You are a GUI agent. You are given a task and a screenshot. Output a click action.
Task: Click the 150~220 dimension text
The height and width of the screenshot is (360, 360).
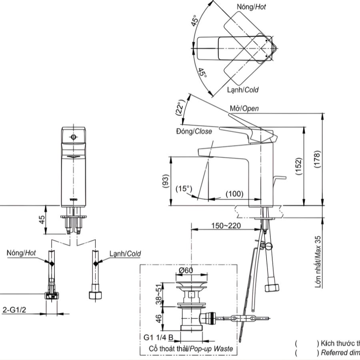(226, 226)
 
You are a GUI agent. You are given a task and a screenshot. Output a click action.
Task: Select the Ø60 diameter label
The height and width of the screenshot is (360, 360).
(186, 270)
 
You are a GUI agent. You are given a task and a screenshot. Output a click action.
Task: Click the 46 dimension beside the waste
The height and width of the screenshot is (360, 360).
(159, 318)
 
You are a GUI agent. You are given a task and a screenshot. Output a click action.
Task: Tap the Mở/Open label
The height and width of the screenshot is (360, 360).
(244, 108)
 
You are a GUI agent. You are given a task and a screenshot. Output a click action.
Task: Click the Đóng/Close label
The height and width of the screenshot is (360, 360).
(194, 131)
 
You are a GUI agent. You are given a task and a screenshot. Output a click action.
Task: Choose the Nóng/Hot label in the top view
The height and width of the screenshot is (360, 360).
(251, 7)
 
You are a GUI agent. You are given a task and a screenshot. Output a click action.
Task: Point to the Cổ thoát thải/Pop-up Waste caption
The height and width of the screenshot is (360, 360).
(190, 348)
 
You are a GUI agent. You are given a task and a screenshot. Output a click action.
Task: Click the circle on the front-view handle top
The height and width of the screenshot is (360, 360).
(73, 137)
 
